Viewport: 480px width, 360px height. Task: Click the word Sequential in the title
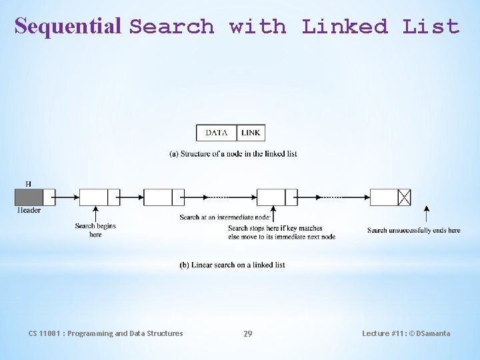(68, 26)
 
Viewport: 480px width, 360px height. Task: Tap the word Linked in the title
(345, 27)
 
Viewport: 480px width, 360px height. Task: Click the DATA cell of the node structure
(217, 133)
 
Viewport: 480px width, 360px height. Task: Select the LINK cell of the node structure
(251, 133)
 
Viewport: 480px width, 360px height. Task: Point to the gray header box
(29, 197)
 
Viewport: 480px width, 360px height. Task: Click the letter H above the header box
(28, 183)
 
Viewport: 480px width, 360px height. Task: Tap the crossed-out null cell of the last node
(404, 197)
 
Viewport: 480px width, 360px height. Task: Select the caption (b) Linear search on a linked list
(232, 265)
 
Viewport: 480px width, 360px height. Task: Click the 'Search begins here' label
(95, 230)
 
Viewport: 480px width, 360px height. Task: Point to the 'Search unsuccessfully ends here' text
(413, 231)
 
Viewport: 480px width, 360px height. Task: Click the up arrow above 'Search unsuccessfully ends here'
(427, 215)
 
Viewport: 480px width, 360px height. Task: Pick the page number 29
(247, 334)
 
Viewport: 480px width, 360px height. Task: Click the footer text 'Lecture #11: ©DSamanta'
(406, 333)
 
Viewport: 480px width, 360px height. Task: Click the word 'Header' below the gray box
(29, 210)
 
